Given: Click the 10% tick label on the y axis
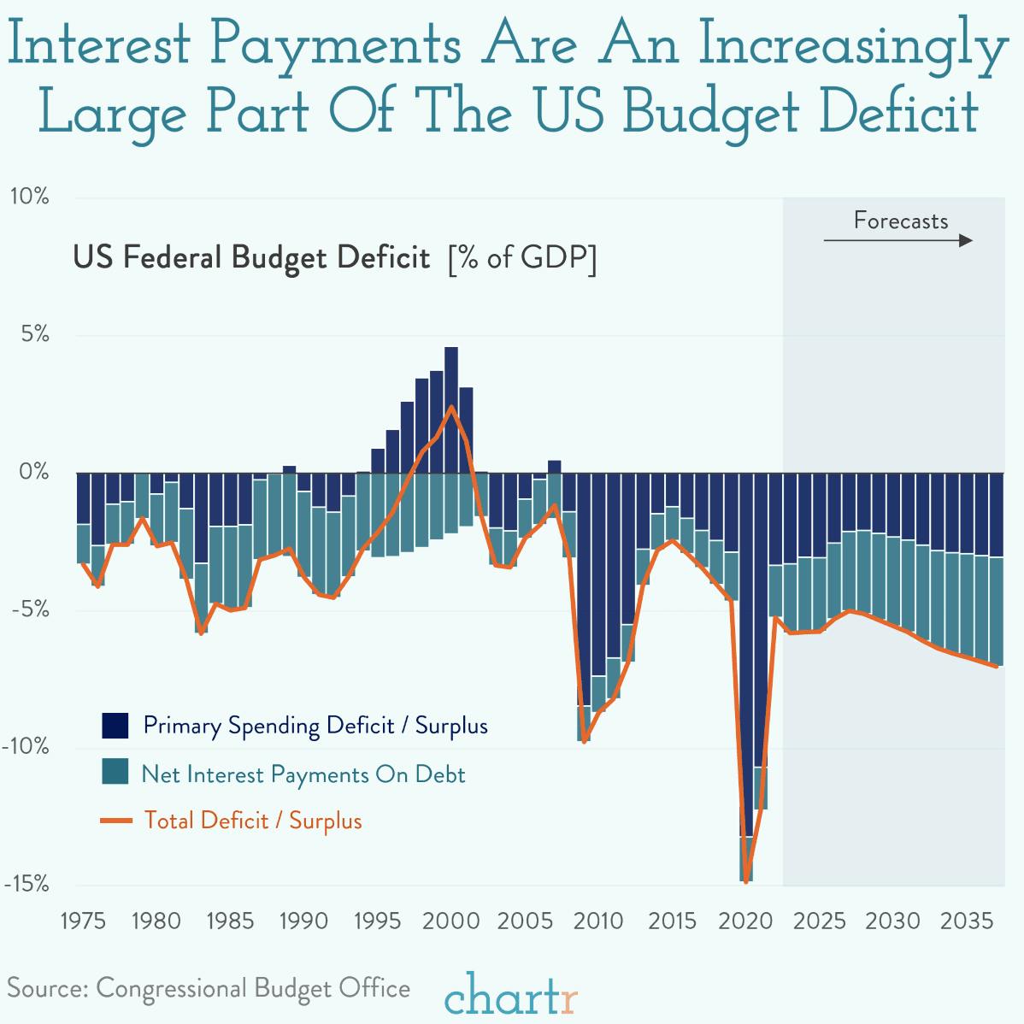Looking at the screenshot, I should click(29, 197).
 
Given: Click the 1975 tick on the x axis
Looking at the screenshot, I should click(83, 921).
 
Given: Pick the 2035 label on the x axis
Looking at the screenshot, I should click(967, 921).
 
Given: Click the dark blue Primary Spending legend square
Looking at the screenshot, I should click(115, 726).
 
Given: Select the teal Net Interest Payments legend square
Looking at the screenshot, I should click(115, 774).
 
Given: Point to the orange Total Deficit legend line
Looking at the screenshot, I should click(115, 821).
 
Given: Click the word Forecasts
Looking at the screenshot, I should click(900, 221).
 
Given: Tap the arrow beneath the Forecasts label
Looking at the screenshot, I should click(897, 242).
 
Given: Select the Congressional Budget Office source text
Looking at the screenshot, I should click(253, 988).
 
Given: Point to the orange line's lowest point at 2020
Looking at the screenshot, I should click(746, 881).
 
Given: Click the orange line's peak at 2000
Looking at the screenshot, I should click(451, 408).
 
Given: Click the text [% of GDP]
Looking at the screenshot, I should click(521, 258).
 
